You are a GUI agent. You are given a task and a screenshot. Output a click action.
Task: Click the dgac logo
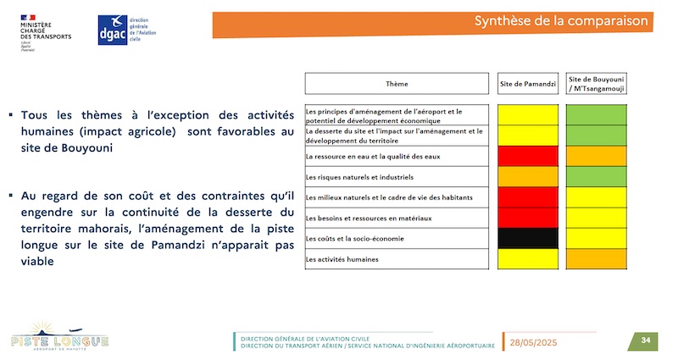(x=126, y=30)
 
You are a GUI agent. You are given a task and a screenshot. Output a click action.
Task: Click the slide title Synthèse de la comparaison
(x=561, y=20)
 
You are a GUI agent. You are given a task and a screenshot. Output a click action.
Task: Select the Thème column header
(x=397, y=84)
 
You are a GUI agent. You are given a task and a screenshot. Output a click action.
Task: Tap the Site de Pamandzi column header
(x=528, y=84)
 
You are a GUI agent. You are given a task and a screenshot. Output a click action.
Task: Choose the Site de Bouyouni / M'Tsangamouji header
(x=597, y=84)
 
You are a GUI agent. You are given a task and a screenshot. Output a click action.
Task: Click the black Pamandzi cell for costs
(x=528, y=238)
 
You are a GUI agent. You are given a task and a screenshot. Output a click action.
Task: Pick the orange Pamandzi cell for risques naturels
(x=528, y=177)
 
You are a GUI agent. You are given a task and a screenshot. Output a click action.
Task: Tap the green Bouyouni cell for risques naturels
(x=597, y=177)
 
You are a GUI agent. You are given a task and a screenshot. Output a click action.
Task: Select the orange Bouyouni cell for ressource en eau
(x=597, y=156)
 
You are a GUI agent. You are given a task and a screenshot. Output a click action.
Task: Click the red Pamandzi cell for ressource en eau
(x=528, y=156)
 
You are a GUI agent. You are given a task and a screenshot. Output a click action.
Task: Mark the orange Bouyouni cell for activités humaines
(x=597, y=259)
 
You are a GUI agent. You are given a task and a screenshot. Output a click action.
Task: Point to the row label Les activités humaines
(x=342, y=259)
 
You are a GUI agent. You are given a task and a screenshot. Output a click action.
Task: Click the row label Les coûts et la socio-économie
(x=354, y=239)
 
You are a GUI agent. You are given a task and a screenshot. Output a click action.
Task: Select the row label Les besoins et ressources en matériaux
(x=369, y=219)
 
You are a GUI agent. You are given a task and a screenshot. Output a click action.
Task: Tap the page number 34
(x=646, y=341)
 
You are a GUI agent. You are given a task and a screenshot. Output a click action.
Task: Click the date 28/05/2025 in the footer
(x=533, y=343)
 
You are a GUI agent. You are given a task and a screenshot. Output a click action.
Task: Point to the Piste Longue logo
(x=59, y=335)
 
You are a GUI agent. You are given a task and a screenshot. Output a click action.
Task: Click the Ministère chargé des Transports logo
(x=46, y=33)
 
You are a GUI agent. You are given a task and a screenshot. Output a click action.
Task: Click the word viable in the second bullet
(x=37, y=262)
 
